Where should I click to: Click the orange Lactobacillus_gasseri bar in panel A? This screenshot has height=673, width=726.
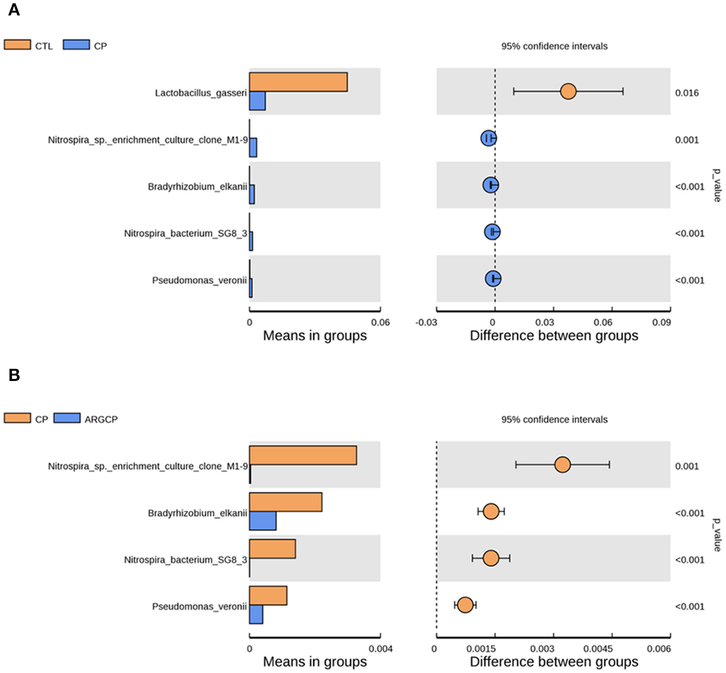coord(298,82)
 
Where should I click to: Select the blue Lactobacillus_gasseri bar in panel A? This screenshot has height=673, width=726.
coord(257,101)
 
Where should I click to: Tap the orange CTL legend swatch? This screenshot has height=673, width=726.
coord(17,45)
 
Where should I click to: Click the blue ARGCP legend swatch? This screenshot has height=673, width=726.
coord(67,419)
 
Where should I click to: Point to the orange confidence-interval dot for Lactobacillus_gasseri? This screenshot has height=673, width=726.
coord(568,92)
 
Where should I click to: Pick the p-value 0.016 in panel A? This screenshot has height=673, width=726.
coord(686,93)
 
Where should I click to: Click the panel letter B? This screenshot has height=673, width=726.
coord(14,375)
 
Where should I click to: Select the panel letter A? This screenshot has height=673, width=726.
coord(14,10)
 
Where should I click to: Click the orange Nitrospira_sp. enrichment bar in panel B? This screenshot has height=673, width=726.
coord(303,456)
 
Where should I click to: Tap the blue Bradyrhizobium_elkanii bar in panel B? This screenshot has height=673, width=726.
coord(263,521)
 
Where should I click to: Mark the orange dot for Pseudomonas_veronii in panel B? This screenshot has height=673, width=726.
coord(465,605)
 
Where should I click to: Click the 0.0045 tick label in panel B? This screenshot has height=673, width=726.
coord(598,649)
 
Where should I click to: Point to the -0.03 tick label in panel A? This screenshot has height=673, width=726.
coord(426,322)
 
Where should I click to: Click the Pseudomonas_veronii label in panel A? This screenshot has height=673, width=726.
coord(199,280)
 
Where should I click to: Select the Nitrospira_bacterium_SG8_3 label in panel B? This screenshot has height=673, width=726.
coord(185,560)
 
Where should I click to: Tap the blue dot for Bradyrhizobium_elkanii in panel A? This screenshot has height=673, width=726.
coord(491,185)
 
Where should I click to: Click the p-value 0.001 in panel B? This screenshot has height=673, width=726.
coord(686,466)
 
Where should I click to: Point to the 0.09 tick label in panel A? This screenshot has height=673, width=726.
coord(661,322)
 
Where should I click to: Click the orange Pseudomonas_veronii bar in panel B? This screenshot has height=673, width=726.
coord(268,595)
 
